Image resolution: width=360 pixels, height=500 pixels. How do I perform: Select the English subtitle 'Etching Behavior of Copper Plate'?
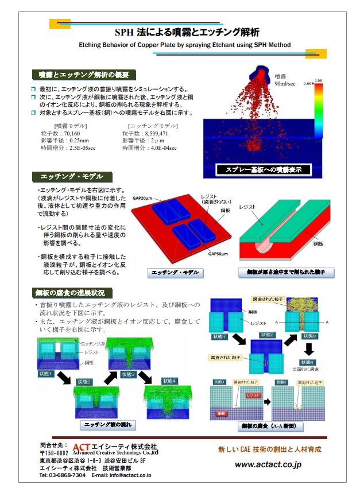(184, 45)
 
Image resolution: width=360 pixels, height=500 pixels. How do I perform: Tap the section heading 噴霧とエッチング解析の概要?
(84, 75)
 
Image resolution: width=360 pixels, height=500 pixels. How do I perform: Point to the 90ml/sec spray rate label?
(285, 83)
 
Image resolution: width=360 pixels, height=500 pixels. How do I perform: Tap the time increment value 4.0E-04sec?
(160, 148)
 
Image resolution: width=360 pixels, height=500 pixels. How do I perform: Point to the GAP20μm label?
(143, 197)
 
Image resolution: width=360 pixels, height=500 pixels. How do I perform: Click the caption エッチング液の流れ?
(107, 425)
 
